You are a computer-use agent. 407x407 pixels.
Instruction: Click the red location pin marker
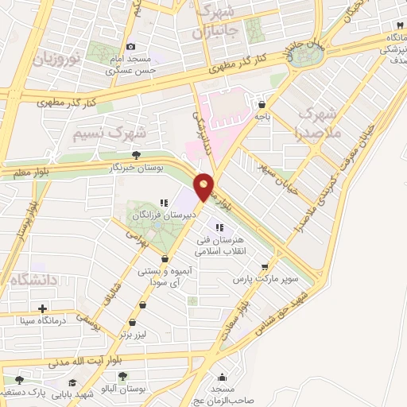(x=203, y=186)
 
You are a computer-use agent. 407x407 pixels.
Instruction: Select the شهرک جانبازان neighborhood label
(x=219, y=21)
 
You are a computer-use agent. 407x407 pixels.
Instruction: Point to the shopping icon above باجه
(x=262, y=103)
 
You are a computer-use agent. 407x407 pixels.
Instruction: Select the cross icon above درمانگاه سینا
(x=42, y=308)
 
